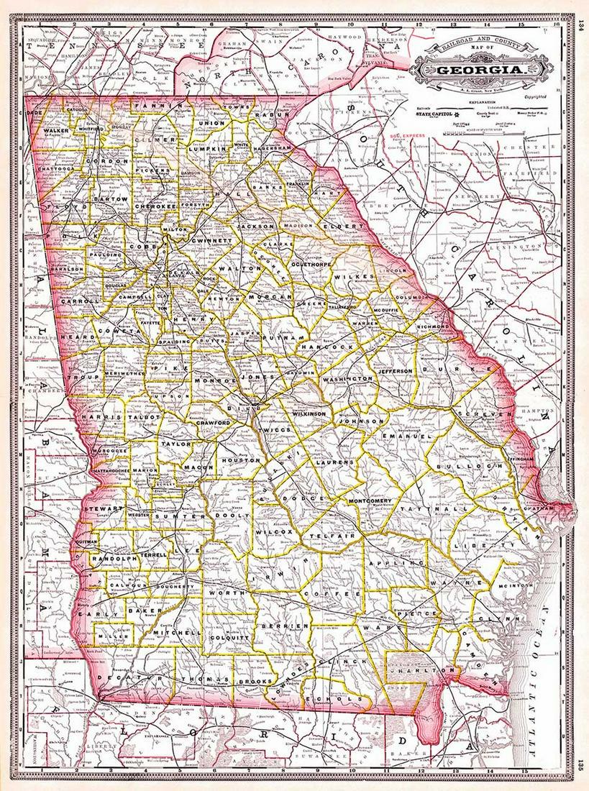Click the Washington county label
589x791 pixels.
point(348,378)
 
